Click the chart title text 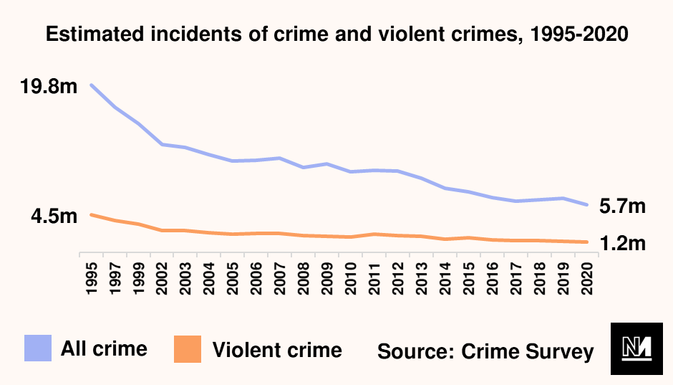point(336,34)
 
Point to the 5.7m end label point(622,207)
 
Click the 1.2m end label point(622,244)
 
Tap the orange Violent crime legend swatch point(188,349)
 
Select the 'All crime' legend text point(104,349)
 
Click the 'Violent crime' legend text point(277,351)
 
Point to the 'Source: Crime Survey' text point(485,351)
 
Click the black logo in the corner point(633,349)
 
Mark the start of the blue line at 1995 point(91,85)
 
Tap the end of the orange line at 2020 point(587,242)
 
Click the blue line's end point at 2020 point(587,205)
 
